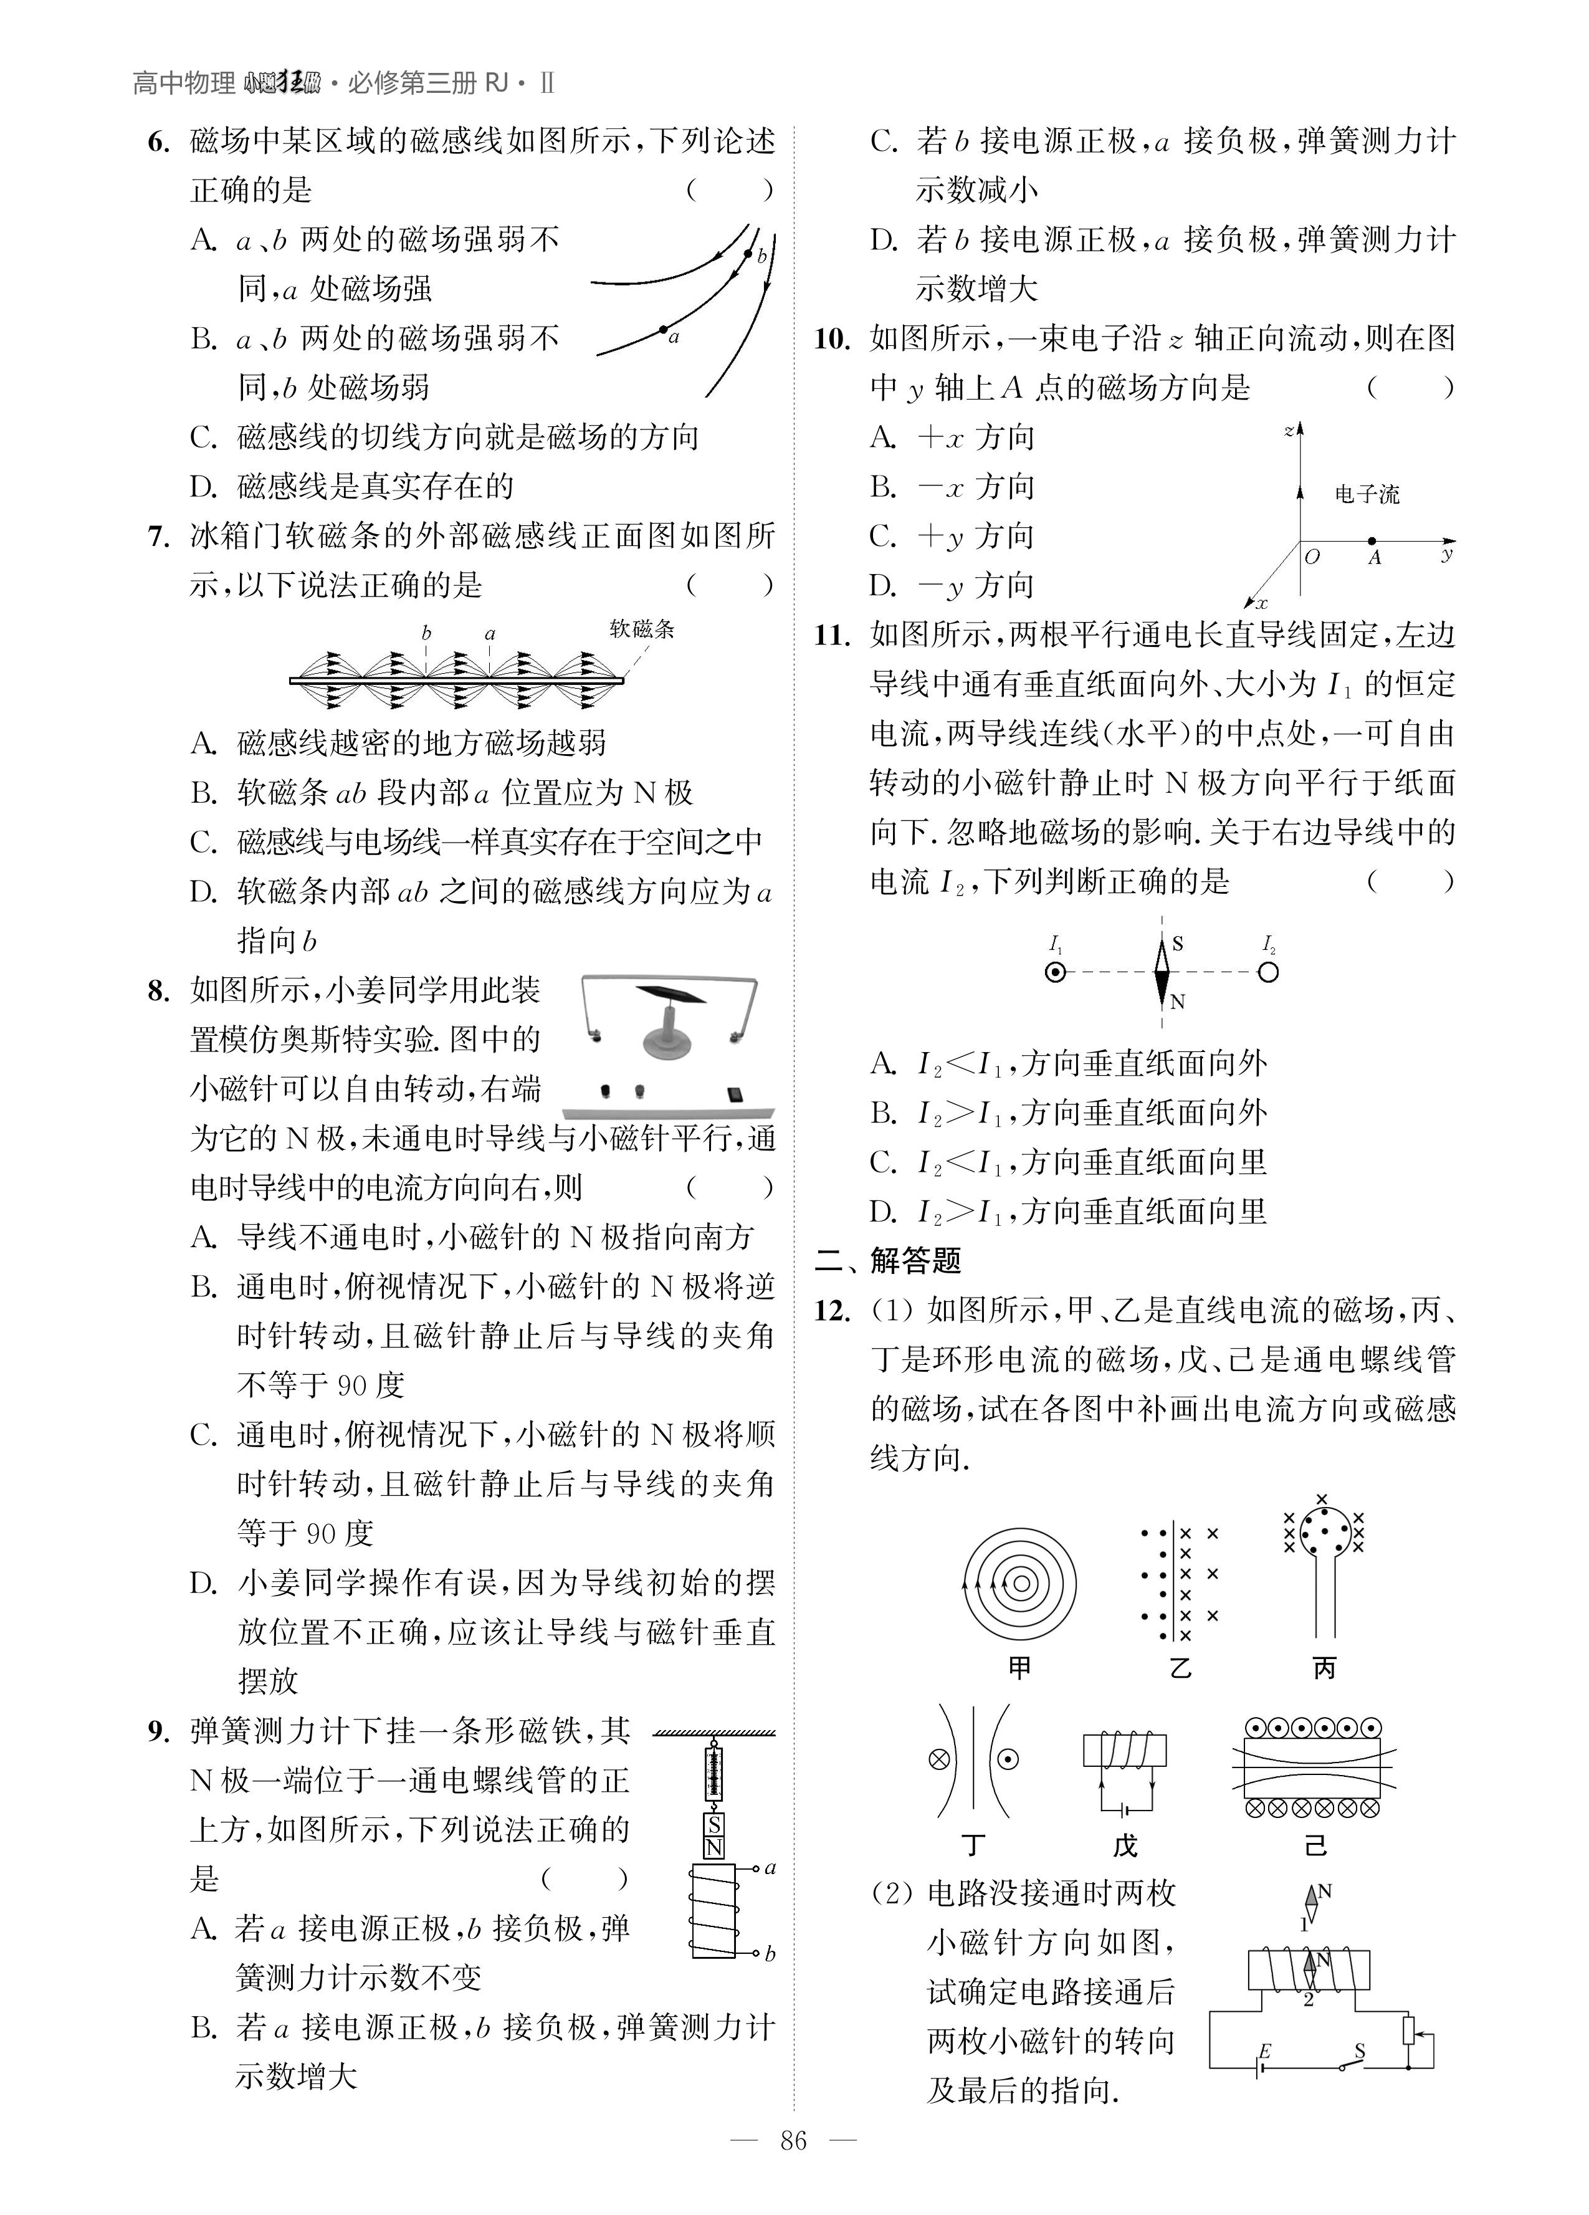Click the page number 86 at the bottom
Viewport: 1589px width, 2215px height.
793,2167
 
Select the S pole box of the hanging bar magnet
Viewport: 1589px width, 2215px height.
714,1825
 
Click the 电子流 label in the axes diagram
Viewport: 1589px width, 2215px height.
1367,494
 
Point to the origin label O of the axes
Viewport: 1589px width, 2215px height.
1312,557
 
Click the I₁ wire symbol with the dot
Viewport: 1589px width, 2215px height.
1055,972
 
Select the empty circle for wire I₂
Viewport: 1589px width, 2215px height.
1267,972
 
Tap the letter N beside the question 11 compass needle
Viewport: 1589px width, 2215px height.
1178,1001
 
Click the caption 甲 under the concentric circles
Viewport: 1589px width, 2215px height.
1019,1668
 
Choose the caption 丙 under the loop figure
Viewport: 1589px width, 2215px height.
1324,1668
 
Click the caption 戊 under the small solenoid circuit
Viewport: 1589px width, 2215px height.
1125,1846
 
